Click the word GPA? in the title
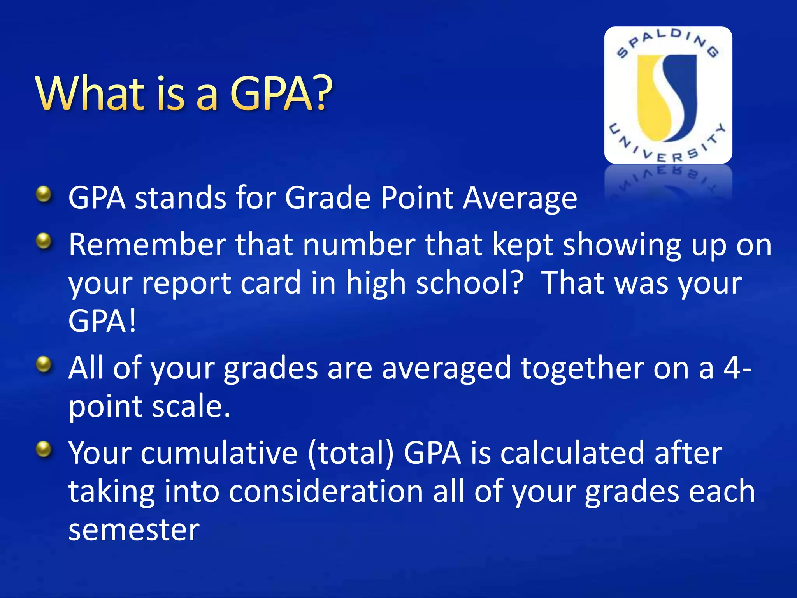(281, 93)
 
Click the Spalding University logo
(668, 95)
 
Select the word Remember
(147, 244)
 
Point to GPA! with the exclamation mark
(102, 321)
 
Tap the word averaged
(446, 368)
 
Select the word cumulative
(219, 453)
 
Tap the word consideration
(326, 491)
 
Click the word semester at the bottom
(134, 530)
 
